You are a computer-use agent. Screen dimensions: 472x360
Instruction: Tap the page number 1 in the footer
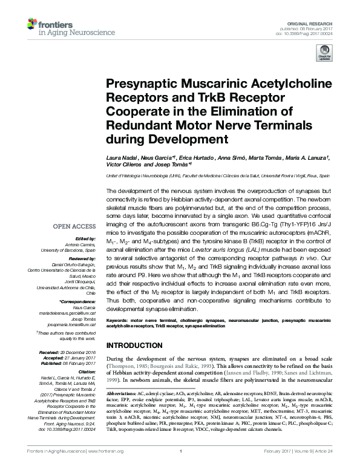181,467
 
